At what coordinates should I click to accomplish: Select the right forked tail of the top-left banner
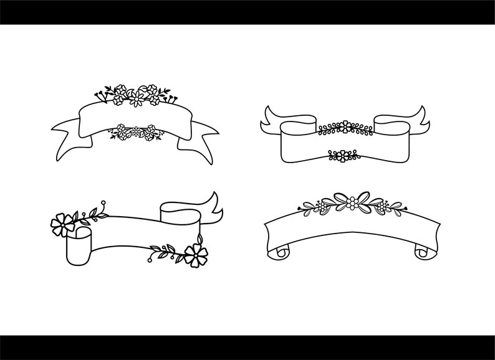[x=198, y=136]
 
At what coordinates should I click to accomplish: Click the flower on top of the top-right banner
[x=344, y=128]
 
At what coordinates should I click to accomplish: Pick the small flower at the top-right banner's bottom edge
[x=340, y=156]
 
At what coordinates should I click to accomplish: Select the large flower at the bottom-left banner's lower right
[x=196, y=254]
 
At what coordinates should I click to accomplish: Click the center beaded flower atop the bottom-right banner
[x=353, y=202]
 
